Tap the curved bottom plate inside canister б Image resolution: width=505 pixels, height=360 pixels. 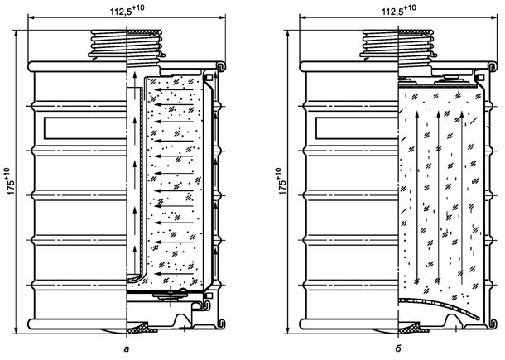click(x=439, y=305)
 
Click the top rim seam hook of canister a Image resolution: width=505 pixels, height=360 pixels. click(x=221, y=64)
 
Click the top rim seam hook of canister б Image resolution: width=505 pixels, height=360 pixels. click(x=494, y=64)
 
